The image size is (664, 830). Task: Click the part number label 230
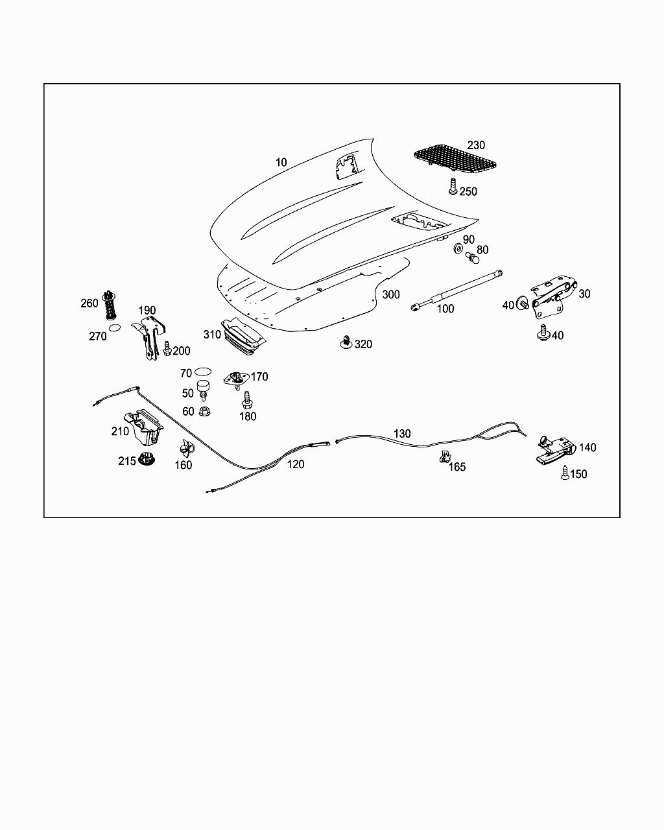476,145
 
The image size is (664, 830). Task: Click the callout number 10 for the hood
281,162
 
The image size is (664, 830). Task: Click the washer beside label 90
458,248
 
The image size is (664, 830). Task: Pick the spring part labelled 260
112,303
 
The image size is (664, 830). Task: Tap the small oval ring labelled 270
114,329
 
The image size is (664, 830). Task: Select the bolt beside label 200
167,348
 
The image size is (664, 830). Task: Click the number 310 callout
212,335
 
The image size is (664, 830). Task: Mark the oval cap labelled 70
203,372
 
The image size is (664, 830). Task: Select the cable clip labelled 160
187,448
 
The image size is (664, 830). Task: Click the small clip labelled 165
445,456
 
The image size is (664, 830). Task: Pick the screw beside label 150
566,473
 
